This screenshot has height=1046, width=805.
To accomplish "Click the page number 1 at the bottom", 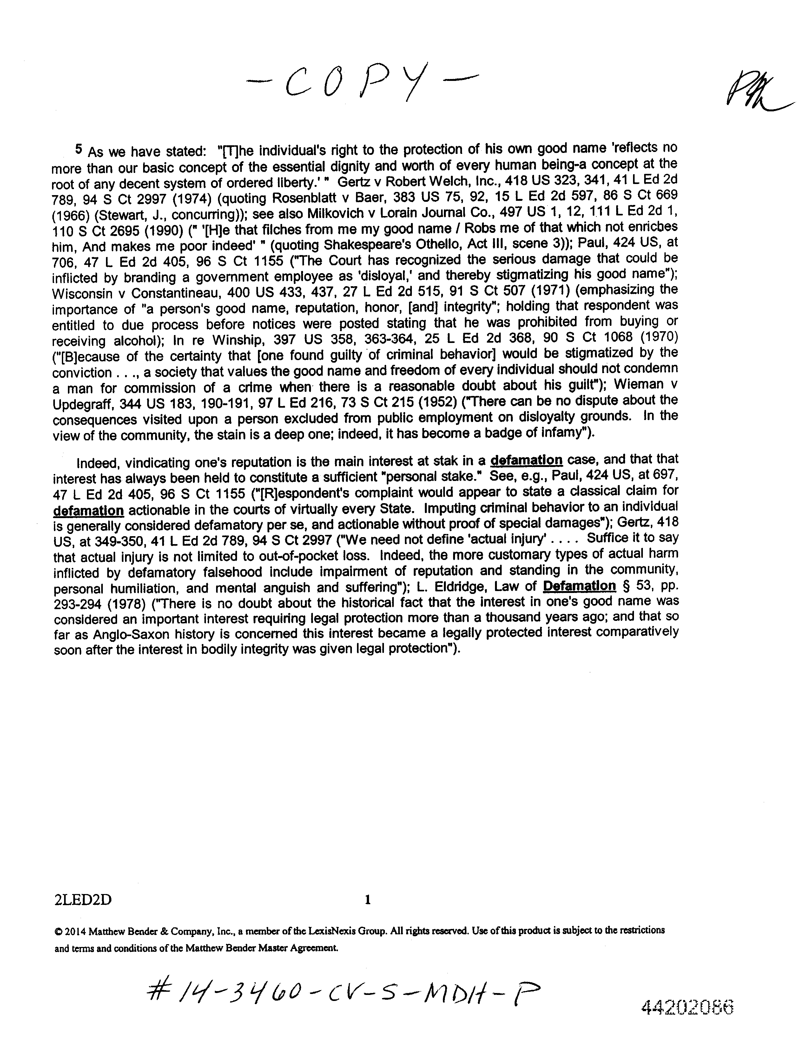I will pyautogui.click(x=368, y=900).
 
